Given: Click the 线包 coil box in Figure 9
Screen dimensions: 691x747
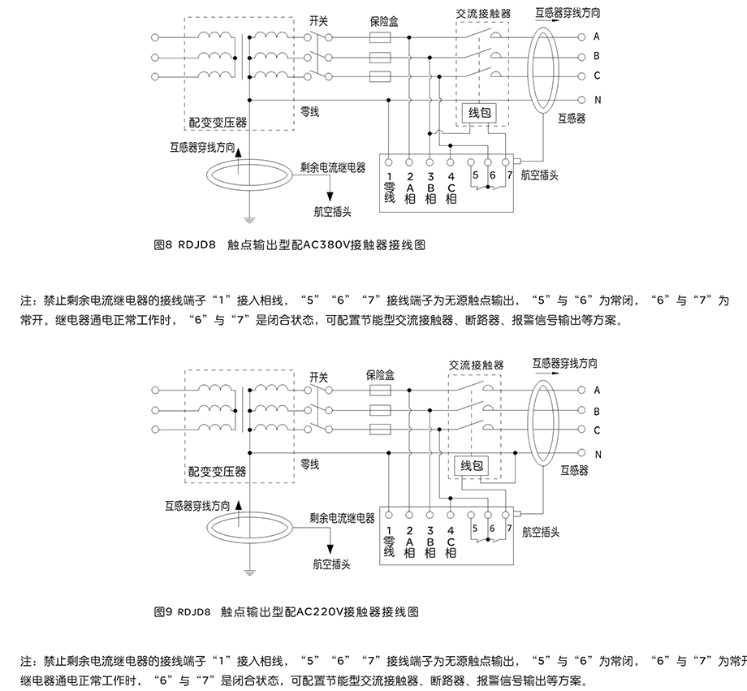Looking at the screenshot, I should (x=472, y=465).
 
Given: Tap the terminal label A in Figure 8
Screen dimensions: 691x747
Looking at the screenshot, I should (x=597, y=37).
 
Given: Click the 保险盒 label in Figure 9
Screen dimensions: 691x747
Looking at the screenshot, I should (x=379, y=375).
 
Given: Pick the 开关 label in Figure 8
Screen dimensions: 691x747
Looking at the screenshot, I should (x=318, y=21).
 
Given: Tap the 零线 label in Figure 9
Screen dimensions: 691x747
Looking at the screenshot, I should (x=309, y=464).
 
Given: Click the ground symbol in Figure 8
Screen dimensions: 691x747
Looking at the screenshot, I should (x=250, y=218).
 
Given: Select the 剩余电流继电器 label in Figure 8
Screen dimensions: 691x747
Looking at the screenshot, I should (x=332, y=167).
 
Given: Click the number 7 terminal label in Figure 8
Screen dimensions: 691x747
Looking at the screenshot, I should (x=509, y=175).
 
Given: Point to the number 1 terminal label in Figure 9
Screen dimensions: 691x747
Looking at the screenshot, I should (x=389, y=529).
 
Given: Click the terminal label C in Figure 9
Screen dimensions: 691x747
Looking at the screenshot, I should (x=597, y=430).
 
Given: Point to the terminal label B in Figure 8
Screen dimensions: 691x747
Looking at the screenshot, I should (x=597, y=56).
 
